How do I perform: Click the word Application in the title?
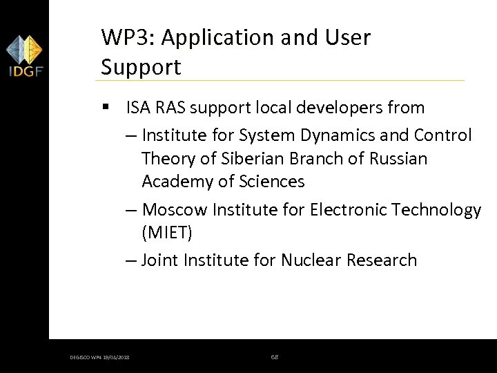pos(218,37)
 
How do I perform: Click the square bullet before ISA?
pos(105,108)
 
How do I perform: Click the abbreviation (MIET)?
pos(166,233)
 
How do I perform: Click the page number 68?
pos(274,356)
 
